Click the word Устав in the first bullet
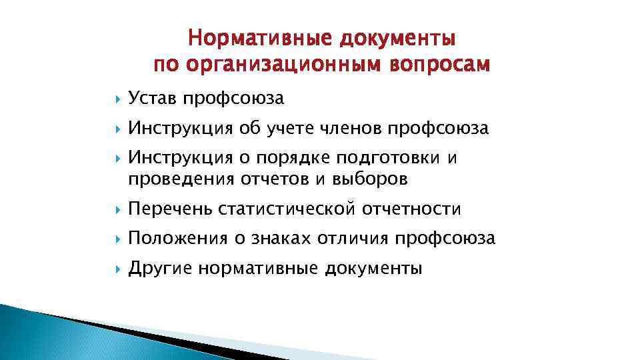pyautogui.click(x=154, y=99)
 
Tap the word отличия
pyautogui.click(x=353, y=239)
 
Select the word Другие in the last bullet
pyautogui.click(x=160, y=269)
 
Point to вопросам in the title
pyautogui.click(x=446, y=65)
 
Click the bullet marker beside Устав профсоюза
pyautogui.click(x=118, y=99)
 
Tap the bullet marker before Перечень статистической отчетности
pyautogui.click(x=118, y=210)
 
